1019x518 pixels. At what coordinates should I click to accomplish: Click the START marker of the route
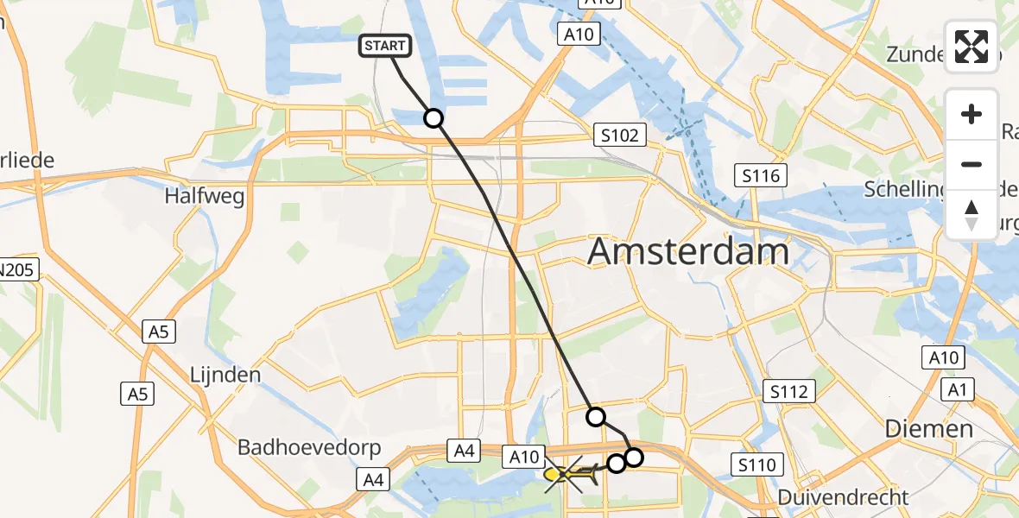click(386, 47)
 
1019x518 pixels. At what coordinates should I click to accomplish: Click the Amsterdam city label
click(688, 252)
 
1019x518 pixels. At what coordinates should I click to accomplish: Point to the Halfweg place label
click(205, 196)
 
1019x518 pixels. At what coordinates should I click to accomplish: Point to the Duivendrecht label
click(843, 497)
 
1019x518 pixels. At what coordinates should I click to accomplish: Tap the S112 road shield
click(790, 392)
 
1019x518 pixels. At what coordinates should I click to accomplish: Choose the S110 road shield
click(757, 465)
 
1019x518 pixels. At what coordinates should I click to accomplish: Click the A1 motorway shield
click(956, 390)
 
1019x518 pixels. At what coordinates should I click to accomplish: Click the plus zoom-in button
click(972, 114)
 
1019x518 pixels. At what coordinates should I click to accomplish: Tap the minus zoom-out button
click(972, 164)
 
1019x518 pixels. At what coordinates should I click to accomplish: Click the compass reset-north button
click(972, 214)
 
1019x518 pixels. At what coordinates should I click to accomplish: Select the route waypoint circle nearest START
click(434, 118)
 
